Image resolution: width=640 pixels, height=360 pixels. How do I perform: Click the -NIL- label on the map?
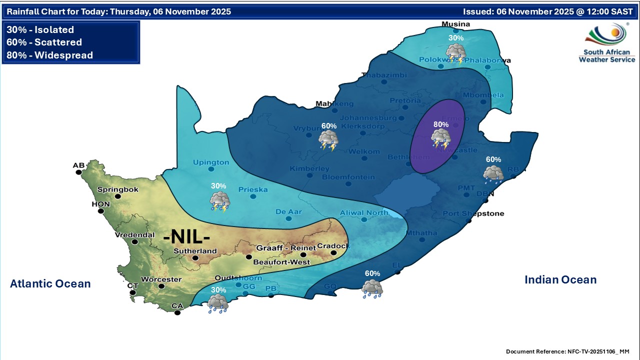[x=187, y=236]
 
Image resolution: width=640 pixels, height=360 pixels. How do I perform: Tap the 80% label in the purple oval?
[x=441, y=124]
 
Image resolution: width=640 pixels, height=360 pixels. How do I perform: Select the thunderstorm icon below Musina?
[x=455, y=53]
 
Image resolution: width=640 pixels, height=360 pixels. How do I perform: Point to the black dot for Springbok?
[x=118, y=196]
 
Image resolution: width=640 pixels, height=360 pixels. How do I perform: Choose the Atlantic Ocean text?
[x=50, y=284]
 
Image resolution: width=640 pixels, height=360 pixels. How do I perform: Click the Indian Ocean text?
[x=560, y=280]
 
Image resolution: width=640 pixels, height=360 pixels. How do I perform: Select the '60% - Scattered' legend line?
[x=44, y=42]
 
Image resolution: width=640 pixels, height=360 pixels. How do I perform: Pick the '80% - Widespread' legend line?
[x=50, y=55]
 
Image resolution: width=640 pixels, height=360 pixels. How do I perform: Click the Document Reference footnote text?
[x=567, y=351]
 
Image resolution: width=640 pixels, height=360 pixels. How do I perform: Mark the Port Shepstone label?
[x=473, y=214]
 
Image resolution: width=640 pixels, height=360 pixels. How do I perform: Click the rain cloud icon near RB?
[x=493, y=173]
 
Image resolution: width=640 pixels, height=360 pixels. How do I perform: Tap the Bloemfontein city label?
[x=348, y=177]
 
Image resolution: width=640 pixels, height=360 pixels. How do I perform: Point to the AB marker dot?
[x=79, y=172]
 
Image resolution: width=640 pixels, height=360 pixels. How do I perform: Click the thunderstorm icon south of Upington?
[x=219, y=201]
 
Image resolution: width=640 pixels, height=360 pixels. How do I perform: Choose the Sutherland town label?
[x=195, y=251]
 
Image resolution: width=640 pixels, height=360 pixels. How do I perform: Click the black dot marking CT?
[x=132, y=292]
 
